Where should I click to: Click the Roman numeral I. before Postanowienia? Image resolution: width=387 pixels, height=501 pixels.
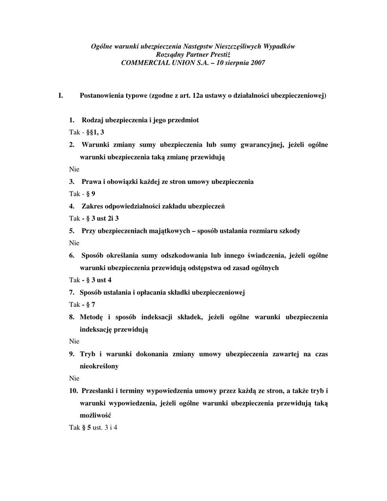(61, 95)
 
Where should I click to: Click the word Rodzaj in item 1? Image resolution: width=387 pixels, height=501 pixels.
(92, 120)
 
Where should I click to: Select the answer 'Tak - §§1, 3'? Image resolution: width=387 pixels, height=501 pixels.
(87, 132)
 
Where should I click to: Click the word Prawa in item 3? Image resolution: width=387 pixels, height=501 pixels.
(91, 182)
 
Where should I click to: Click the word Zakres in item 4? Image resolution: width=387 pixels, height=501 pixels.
(93, 206)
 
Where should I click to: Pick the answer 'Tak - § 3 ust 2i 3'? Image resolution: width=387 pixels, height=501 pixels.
(94, 218)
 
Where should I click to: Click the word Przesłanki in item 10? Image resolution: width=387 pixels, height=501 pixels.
(97, 390)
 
